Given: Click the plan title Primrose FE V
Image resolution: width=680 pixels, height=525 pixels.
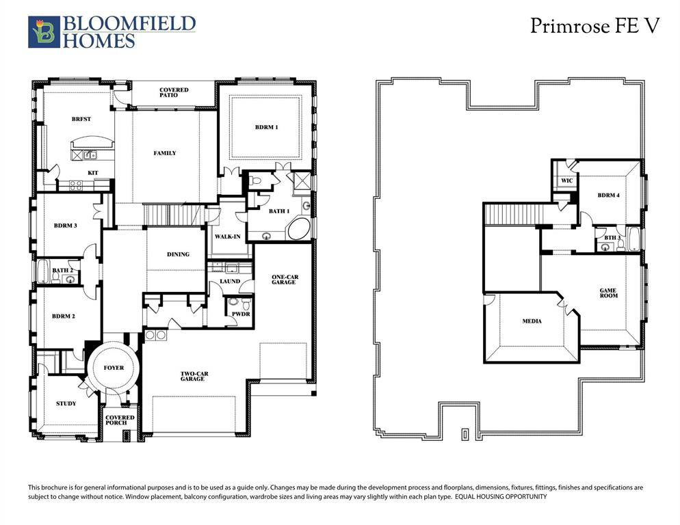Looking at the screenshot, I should [594, 26].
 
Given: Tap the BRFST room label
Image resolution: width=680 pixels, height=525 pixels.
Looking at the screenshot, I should [81, 119].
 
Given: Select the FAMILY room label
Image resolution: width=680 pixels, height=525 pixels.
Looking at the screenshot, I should [165, 153].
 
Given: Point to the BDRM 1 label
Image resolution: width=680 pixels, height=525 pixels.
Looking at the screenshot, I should [267, 127].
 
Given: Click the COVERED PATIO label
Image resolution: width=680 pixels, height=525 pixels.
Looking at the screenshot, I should [174, 92].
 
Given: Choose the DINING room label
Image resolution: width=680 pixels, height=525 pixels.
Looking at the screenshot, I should [178, 254].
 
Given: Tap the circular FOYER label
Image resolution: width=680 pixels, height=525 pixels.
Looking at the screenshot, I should [114, 368].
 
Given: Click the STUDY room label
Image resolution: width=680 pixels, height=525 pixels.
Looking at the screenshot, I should [66, 403].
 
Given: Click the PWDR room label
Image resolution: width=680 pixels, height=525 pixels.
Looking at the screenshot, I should [240, 314].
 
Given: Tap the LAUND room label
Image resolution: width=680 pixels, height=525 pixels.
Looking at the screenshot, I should [230, 281].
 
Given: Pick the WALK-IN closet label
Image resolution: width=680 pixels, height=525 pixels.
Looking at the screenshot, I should [226, 236].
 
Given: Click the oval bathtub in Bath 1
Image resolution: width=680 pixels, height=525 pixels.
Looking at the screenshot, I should [299, 230].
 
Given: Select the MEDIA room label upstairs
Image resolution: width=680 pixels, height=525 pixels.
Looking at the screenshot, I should [532, 321].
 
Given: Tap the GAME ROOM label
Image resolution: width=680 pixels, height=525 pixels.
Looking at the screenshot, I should [608, 292].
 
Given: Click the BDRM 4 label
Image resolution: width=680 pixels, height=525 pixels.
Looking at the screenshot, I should [608, 196].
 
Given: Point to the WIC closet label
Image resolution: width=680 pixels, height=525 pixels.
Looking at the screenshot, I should [566, 180].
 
